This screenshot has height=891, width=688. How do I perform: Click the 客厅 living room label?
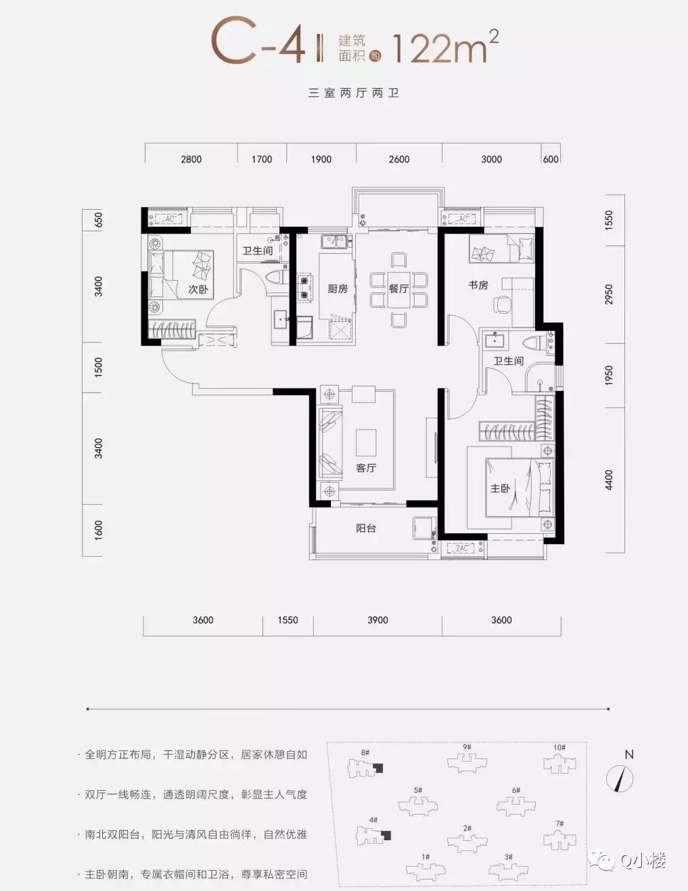(366, 468)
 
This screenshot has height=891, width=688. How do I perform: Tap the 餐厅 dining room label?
(398, 289)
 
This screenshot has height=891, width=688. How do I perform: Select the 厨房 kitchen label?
(337, 289)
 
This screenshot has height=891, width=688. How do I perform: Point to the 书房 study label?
(478, 285)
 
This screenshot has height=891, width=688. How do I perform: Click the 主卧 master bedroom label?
(500, 488)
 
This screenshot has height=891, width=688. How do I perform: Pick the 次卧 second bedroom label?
(198, 289)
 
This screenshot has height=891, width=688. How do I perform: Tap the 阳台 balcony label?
(366, 528)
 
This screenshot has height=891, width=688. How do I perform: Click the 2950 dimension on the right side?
(609, 294)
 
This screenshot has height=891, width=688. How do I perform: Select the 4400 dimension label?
(609, 480)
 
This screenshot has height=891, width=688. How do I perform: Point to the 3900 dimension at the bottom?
(377, 620)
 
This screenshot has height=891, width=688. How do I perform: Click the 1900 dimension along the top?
(321, 159)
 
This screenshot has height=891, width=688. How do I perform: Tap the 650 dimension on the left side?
(99, 220)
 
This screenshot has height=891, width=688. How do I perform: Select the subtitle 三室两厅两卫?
(354, 93)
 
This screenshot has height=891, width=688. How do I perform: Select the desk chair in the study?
(503, 305)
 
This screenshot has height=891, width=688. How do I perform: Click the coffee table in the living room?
(367, 442)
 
